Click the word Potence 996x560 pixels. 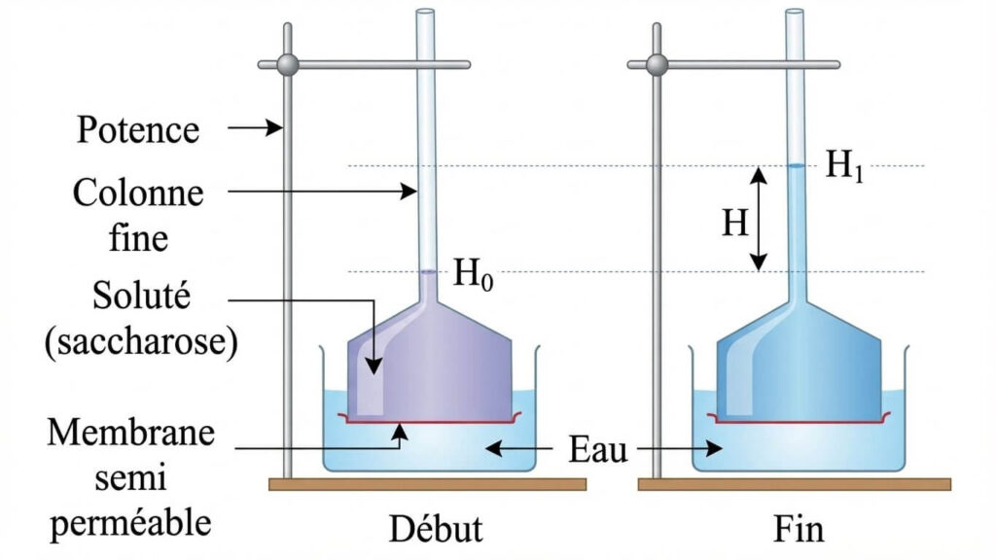point(137,128)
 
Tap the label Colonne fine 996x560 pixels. point(138,214)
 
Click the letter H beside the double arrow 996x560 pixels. point(734,223)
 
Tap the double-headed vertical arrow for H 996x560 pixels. point(759,219)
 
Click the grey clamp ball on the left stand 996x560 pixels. point(287,65)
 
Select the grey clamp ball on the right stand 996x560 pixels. point(658,65)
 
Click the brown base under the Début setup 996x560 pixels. point(427,483)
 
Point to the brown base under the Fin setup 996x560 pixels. point(794,483)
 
